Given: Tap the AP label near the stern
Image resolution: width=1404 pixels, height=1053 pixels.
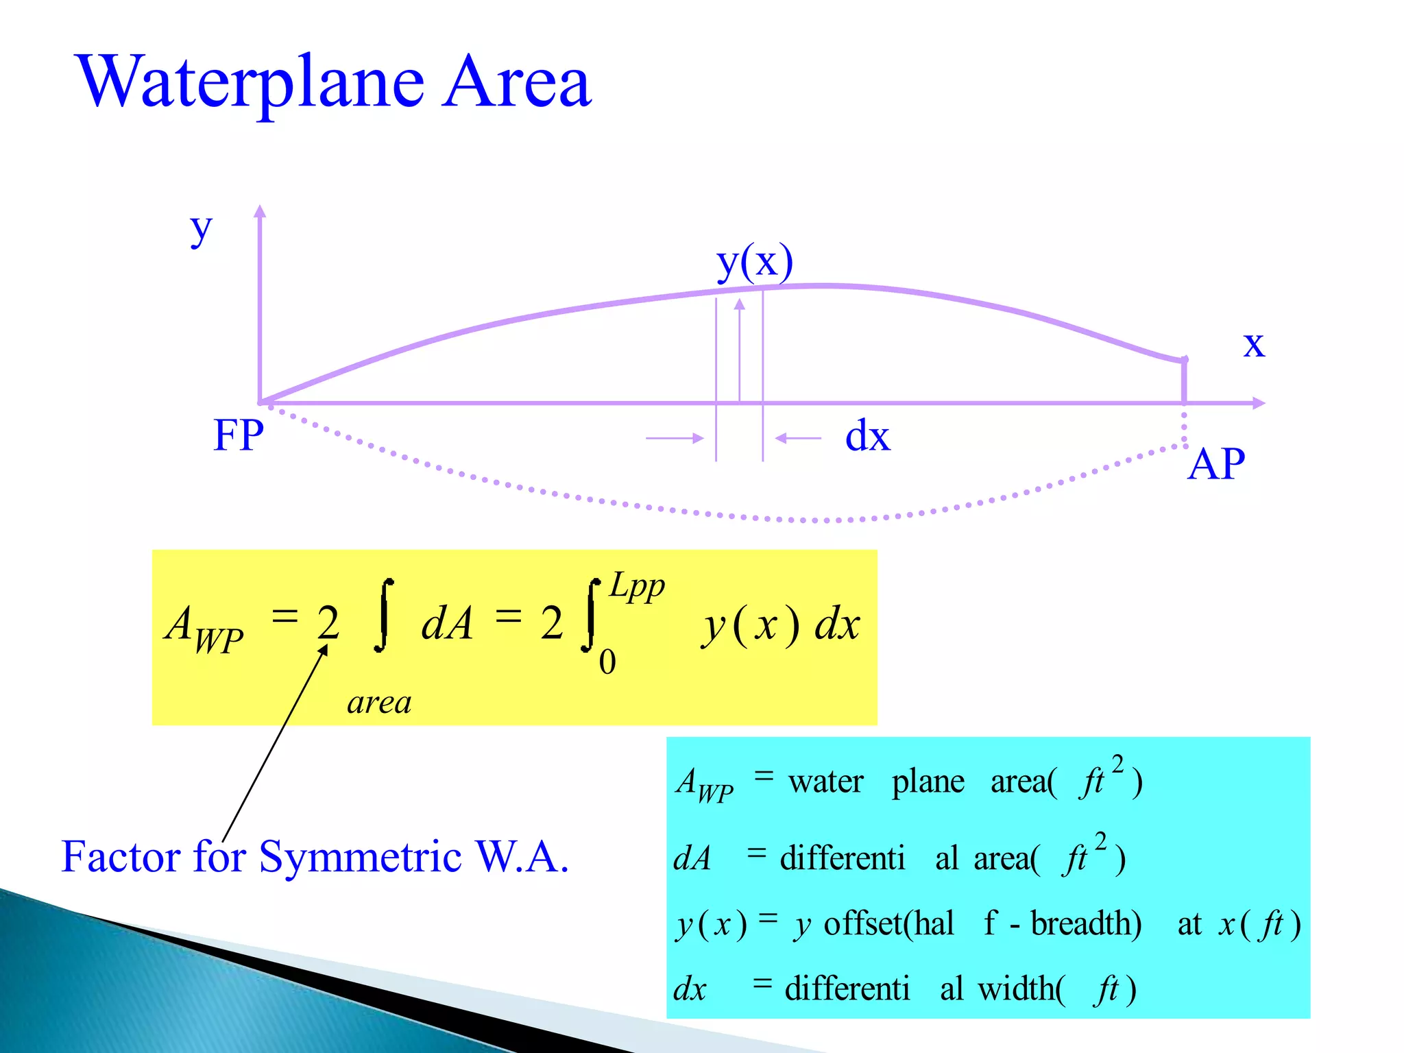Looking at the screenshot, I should coord(1215,464).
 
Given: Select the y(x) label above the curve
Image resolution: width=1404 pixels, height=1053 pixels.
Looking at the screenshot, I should coord(754,262).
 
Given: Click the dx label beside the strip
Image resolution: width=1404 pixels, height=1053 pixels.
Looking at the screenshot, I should coord(867,436).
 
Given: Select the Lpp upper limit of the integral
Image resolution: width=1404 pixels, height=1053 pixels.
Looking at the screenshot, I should coord(637,586).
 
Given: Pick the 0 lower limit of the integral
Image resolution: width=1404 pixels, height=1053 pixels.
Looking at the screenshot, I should coord(607,662).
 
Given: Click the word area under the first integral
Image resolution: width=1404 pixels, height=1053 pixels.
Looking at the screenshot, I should coord(379,703).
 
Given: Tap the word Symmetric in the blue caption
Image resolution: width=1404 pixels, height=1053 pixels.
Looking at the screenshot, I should coord(360,857).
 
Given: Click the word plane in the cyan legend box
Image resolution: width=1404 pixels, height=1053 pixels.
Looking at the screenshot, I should coord(928,782).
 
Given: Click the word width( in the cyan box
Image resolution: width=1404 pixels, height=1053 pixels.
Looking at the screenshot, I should coord(1021,989).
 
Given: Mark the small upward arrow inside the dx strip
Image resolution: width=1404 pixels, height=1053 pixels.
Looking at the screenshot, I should coord(739,306).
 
